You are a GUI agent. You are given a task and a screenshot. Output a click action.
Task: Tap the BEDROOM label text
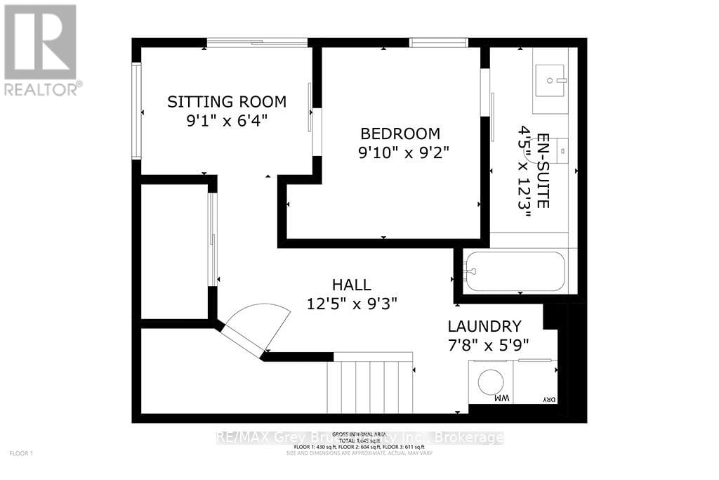(400, 134)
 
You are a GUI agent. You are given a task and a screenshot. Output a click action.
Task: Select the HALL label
(352, 285)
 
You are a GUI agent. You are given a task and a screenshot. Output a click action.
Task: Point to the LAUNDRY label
(485, 326)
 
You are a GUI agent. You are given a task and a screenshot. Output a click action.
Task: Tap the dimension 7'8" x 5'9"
(488, 345)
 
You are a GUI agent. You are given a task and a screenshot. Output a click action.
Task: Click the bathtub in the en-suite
(515, 271)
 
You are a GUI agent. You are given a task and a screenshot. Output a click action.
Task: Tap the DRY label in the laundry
(548, 400)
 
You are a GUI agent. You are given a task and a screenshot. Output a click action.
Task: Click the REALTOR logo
(41, 49)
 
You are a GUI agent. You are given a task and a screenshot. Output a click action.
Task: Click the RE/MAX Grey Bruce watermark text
(359, 437)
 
